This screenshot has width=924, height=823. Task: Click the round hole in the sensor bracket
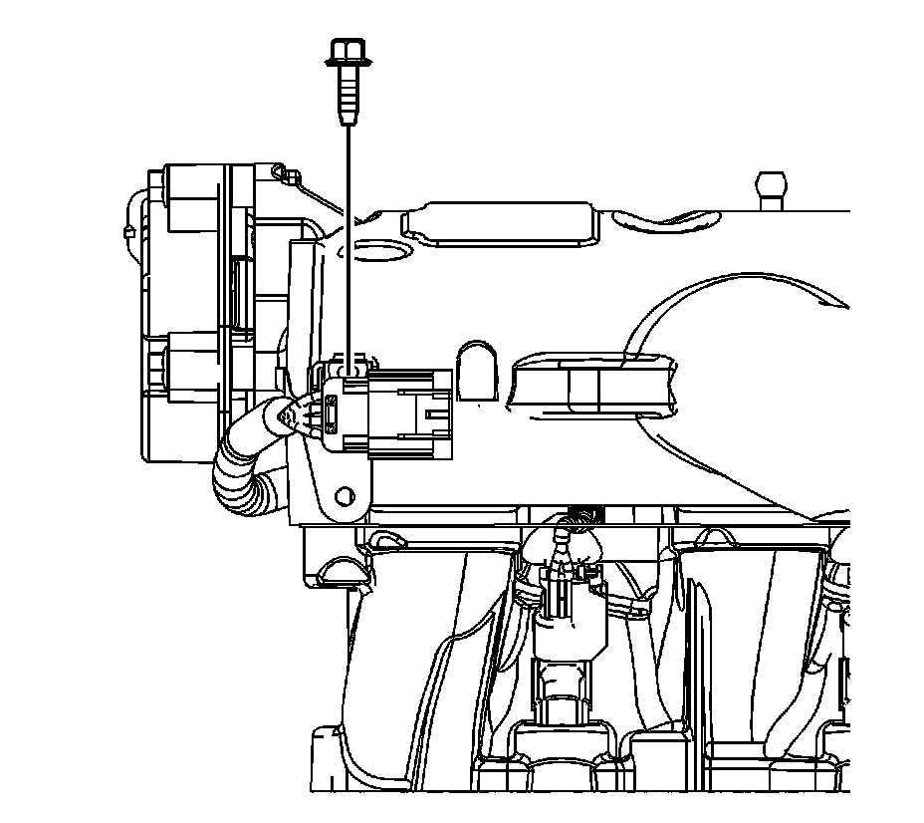point(345,495)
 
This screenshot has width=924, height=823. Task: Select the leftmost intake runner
point(418,638)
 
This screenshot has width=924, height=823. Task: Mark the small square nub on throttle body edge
point(128,231)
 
